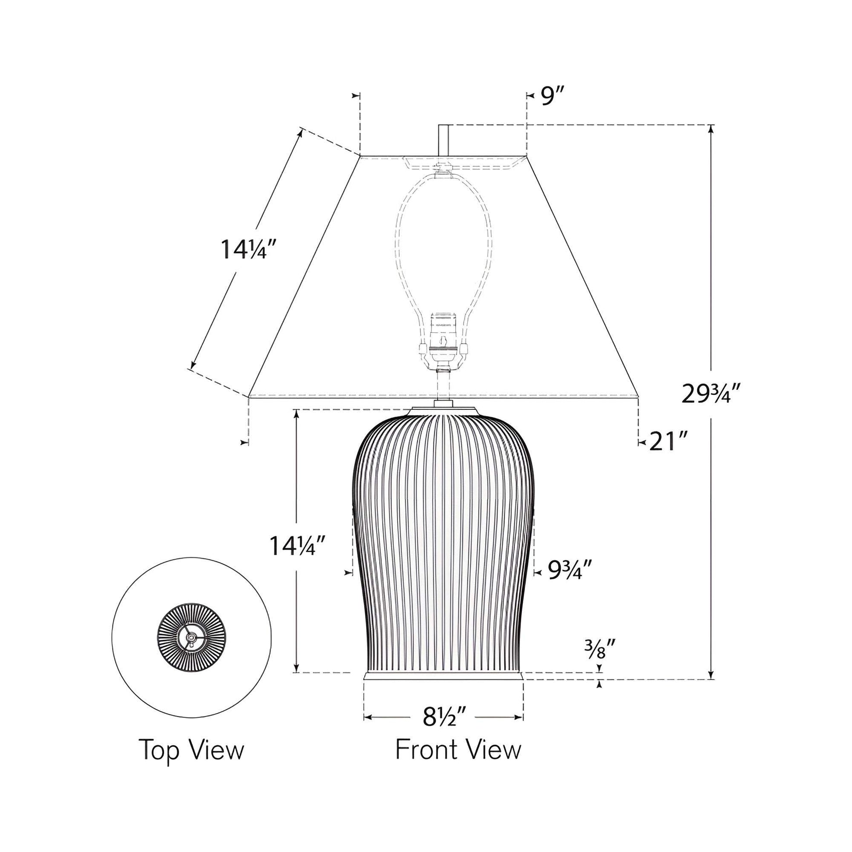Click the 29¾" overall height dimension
pyautogui.click(x=710, y=394)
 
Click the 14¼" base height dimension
pyautogui.click(x=299, y=546)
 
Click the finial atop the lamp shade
pyautogui.click(x=444, y=140)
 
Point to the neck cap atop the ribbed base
pyautogui.click(x=443, y=409)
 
